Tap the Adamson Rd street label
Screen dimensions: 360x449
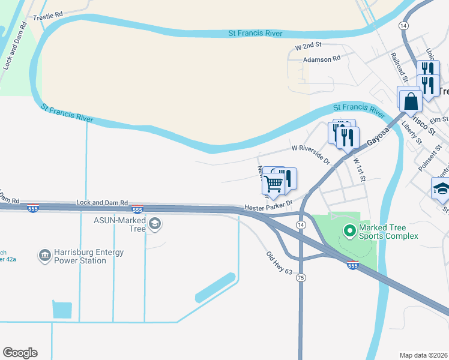(x=322, y=59)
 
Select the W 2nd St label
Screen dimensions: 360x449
(x=309, y=46)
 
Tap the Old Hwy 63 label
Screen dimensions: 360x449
(x=279, y=263)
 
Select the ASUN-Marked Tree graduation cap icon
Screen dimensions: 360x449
(x=155, y=224)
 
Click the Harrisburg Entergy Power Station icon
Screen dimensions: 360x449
(x=44, y=256)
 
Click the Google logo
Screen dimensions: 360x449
(x=20, y=353)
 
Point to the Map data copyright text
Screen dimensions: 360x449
(x=424, y=355)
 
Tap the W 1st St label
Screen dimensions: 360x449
(x=360, y=170)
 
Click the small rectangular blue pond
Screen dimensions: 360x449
(x=62, y=309)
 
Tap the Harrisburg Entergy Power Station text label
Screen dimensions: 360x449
(x=89, y=256)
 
